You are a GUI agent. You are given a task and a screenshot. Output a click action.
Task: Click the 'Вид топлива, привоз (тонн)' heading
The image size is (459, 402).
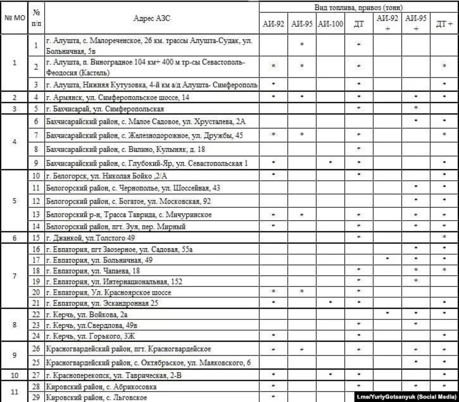click(357, 8)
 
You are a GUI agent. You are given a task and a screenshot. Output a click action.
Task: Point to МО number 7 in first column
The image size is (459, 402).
click(14, 276)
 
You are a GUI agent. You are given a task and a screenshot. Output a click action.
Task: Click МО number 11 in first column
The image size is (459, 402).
click(14, 391)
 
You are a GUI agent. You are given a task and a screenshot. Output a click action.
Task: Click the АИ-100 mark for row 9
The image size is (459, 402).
click(330, 162)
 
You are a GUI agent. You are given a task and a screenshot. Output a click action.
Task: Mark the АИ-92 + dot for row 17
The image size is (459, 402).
click(387, 258)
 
